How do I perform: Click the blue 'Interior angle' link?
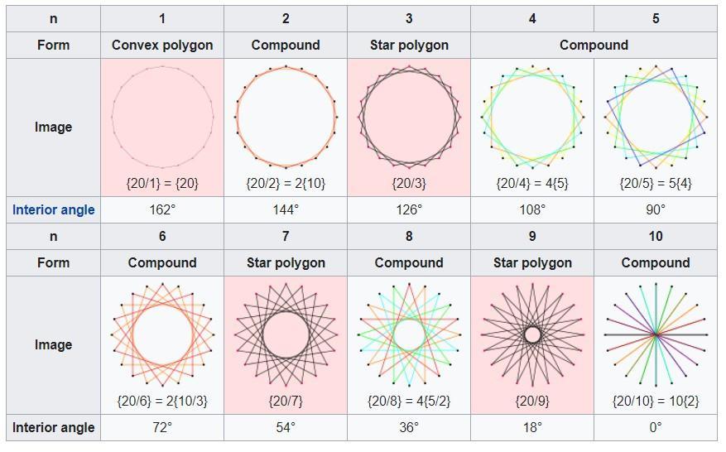(x=53, y=210)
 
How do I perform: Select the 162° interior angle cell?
(x=162, y=210)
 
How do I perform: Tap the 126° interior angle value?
(x=409, y=210)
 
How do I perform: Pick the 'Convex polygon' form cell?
(x=162, y=45)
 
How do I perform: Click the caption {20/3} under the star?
(x=409, y=183)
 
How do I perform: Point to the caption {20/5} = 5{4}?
(x=656, y=183)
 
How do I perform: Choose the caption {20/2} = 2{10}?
(x=286, y=183)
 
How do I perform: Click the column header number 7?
(x=286, y=237)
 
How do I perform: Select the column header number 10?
(x=656, y=237)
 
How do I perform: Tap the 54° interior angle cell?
(x=286, y=428)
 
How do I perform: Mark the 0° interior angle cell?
(x=656, y=428)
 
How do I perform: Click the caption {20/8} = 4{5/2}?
(x=409, y=402)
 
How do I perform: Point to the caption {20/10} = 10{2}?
(x=656, y=402)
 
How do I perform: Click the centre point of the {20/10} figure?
(x=656, y=334)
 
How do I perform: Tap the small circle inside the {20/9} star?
(x=532, y=334)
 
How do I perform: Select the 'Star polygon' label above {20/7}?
(x=286, y=263)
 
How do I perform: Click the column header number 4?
(x=532, y=18)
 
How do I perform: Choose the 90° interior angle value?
(x=656, y=210)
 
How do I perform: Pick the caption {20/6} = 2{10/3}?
(x=162, y=402)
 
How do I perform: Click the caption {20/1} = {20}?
(x=162, y=183)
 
